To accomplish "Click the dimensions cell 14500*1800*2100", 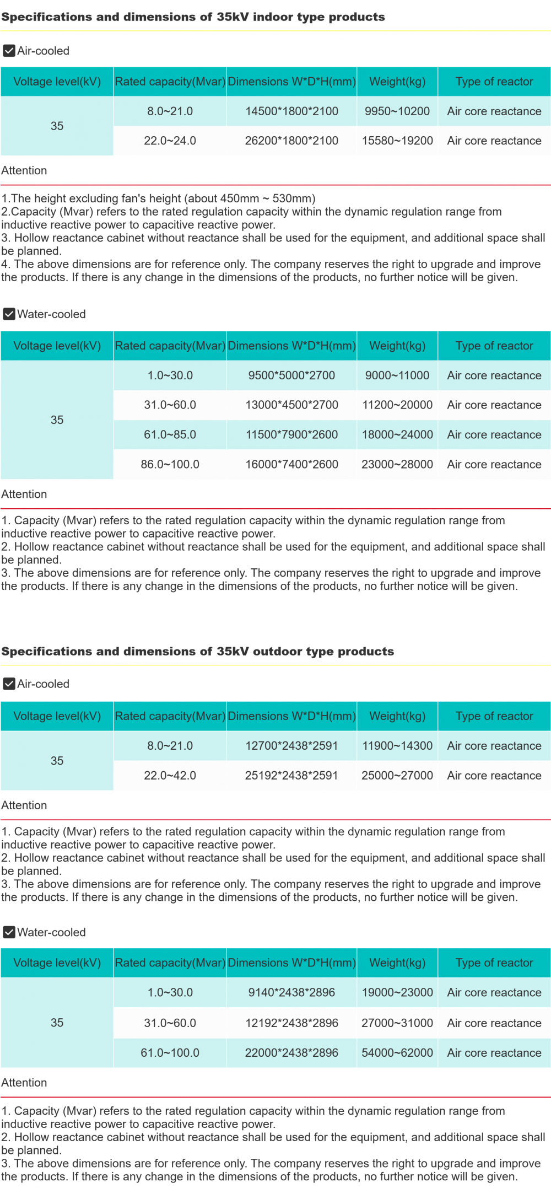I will pyautogui.click(x=291, y=111).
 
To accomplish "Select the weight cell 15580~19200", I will pyautogui.click(x=397, y=141).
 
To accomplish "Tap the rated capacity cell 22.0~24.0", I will pyautogui.click(x=170, y=141).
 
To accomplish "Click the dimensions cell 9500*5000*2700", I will pyautogui.click(x=291, y=376).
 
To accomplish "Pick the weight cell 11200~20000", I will pyautogui.click(x=397, y=405).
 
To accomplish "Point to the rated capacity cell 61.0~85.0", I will pyautogui.click(x=170, y=435).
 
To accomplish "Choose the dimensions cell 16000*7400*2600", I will pyautogui.click(x=291, y=465).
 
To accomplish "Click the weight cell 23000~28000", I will pyautogui.click(x=397, y=465).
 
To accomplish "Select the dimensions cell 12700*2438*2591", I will pyautogui.click(x=291, y=746).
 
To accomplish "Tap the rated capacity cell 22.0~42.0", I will pyautogui.click(x=170, y=776).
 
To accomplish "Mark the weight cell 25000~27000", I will pyautogui.click(x=397, y=776).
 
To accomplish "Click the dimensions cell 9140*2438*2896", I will pyautogui.click(x=291, y=993).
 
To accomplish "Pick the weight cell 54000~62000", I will pyautogui.click(x=397, y=1053).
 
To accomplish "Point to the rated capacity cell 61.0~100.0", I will pyautogui.click(x=170, y=1053).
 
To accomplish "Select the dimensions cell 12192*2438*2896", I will pyautogui.click(x=291, y=1023).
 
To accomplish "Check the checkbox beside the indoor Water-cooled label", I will pyautogui.click(x=9, y=314).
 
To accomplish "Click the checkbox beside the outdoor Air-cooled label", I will pyautogui.click(x=9, y=684).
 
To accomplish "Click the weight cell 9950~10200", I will pyautogui.click(x=397, y=111).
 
